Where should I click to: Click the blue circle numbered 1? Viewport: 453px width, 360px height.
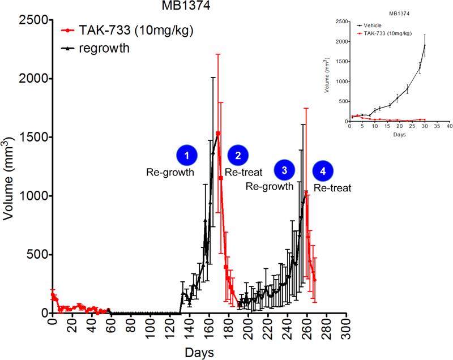coord(186,155)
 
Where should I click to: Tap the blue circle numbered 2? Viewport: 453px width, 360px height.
coord(238,155)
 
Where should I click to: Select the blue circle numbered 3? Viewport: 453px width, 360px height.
coord(284,169)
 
